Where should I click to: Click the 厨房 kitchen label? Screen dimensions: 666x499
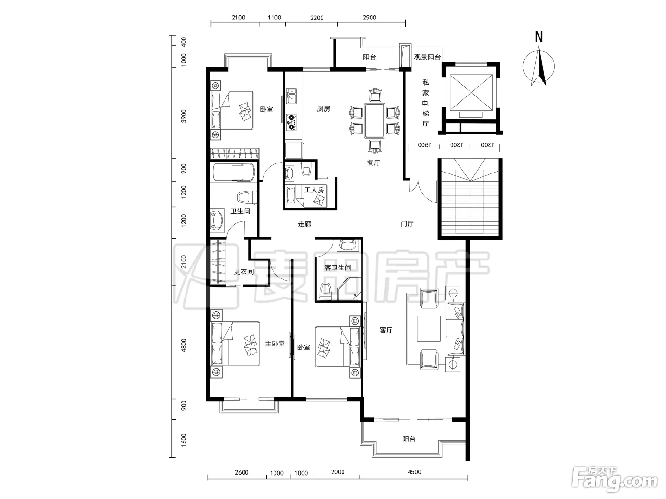click(323, 108)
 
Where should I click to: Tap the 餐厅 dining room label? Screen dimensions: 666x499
click(373, 163)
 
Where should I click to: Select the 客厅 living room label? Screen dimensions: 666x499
click(386, 330)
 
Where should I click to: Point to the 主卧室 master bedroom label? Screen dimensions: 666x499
click(275, 344)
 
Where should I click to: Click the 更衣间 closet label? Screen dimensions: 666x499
click(244, 271)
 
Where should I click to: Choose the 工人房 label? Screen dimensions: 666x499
click(314, 190)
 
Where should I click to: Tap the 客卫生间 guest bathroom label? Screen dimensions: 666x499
click(338, 268)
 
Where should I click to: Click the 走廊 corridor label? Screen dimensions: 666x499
click(304, 224)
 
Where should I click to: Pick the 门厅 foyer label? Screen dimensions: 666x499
click(407, 224)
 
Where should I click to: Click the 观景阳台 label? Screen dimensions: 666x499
click(427, 57)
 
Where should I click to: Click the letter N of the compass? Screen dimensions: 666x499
click(539, 37)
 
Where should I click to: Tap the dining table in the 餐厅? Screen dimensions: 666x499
click(375, 121)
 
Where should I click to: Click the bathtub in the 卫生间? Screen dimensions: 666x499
click(234, 172)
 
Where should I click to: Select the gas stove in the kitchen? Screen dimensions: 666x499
click(291, 123)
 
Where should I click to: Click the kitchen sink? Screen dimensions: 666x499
click(291, 96)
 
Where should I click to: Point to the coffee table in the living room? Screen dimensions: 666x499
click(429, 328)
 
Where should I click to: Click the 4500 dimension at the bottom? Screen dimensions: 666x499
click(414, 472)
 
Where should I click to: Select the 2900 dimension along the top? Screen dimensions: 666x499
click(370, 18)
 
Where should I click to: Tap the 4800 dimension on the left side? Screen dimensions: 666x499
click(184, 345)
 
